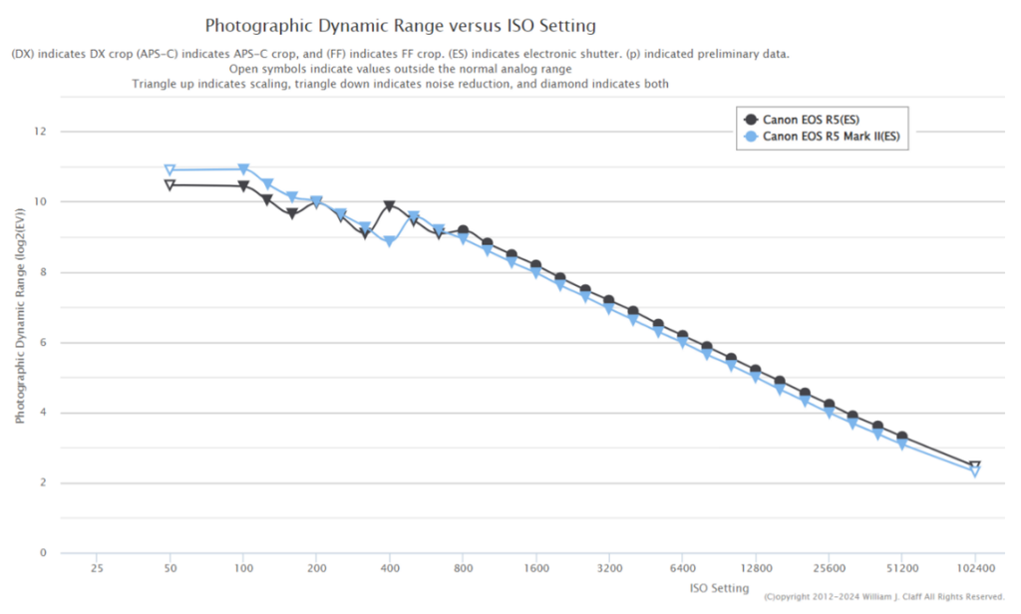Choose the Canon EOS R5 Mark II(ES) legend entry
[x=832, y=138]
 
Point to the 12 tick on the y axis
[x=41, y=132]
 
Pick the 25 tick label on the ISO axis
[x=97, y=569]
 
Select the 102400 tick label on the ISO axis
[x=975, y=569]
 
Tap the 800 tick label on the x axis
[x=463, y=569]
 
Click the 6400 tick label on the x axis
[x=683, y=569]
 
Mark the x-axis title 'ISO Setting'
[x=719, y=588]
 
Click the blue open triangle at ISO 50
[x=170, y=170]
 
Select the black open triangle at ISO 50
[x=170, y=185]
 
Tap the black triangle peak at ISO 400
[x=390, y=206]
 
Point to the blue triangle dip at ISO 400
[x=390, y=242]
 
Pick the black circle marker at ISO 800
[x=463, y=231]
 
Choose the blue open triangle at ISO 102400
[x=975, y=472]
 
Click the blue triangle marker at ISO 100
[x=243, y=169]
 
